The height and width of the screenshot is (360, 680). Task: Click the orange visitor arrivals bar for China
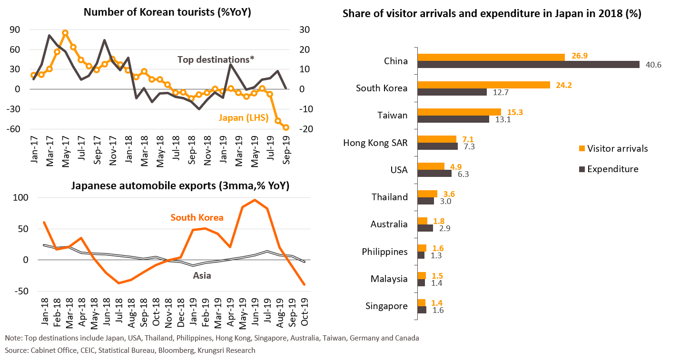(491, 57)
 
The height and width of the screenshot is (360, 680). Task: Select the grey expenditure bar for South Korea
(452, 92)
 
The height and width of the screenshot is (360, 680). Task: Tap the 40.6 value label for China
(653, 65)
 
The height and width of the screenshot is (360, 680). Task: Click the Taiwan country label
(393, 115)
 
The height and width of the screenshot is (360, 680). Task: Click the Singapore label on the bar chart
(386, 306)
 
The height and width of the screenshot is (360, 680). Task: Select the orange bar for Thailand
(427, 194)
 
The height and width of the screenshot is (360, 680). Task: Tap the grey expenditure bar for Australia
(425, 228)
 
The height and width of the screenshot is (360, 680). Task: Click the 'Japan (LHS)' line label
(244, 117)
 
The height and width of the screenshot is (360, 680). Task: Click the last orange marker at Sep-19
(286, 127)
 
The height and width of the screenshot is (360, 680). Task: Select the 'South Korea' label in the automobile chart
(197, 217)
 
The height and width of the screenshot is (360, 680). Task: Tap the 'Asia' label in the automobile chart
(202, 275)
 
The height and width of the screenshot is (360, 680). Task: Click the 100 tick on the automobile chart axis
(21, 197)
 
